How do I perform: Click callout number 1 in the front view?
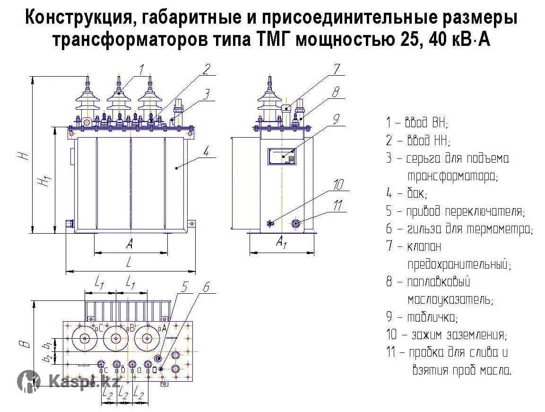coord(141,70)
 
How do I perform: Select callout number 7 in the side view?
coord(336,70)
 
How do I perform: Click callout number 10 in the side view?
coord(339,184)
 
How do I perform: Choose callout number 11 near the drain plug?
coord(337,205)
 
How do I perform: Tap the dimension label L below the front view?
coord(128,262)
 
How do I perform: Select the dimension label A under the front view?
coord(129,244)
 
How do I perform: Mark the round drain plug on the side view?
coord(296,224)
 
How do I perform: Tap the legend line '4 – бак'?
coord(406,193)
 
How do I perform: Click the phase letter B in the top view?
coord(132,327)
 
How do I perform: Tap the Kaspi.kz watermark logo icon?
coord(29,381)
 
